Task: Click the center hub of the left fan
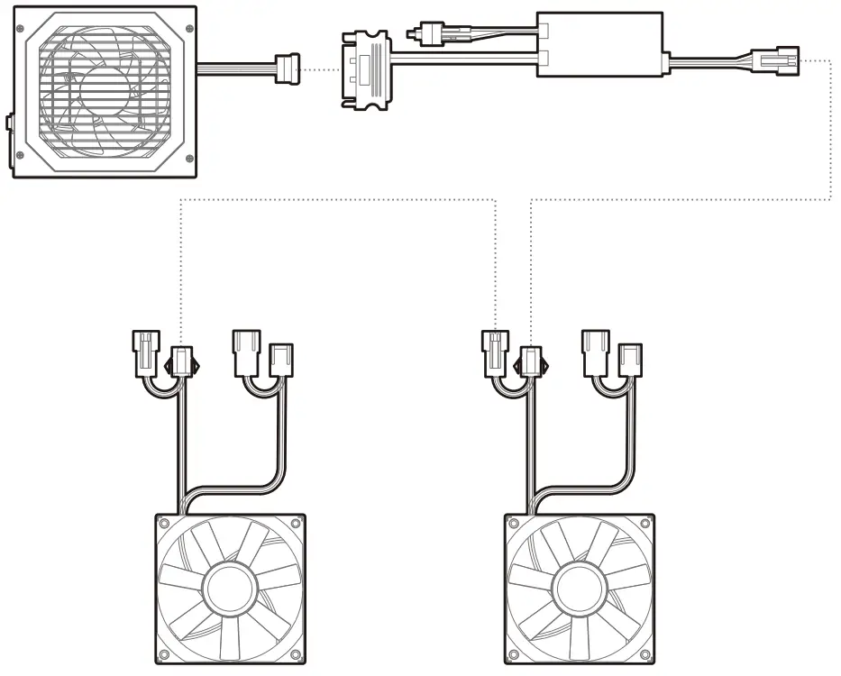point(229,588)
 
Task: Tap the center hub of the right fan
point(579,588)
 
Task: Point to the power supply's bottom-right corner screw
point(187,159)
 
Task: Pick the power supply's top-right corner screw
point(187,28)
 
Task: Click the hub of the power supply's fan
point(105,94)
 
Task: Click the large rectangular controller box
point(600,45)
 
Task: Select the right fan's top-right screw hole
point(645,523)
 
